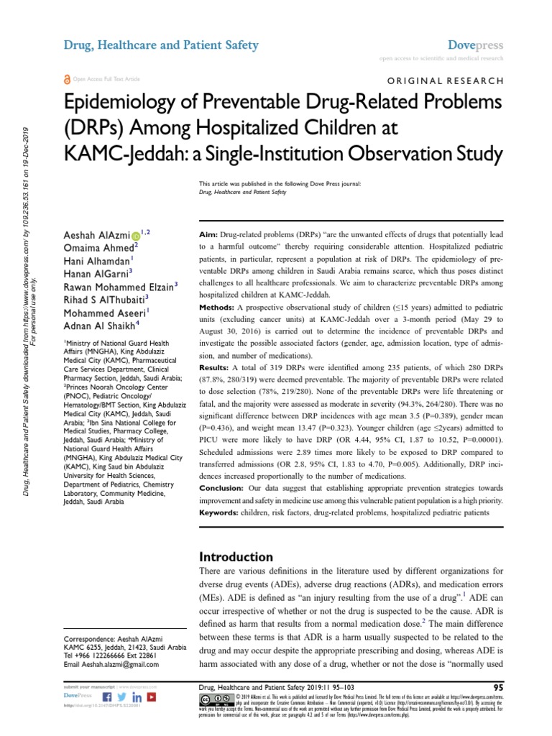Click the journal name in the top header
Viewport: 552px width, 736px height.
pyautogui.click(x=161, y=45)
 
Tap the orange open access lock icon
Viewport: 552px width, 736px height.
pyautogui.click(x=68, y=79)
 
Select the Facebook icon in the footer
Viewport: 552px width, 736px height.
pyautogui.click(x=108, y=697)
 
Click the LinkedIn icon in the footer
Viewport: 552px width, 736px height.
pyautogui.click(x=137, y=697)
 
